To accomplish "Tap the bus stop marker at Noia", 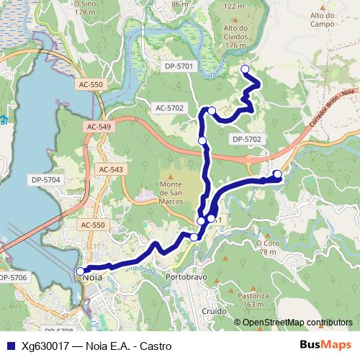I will click(x=80, y=271).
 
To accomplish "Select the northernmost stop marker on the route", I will click(x=245, y=69).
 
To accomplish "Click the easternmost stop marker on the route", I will click(x=277, y=174).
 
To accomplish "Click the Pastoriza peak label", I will click(x=253, y=300).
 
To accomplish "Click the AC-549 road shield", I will click(x=99, y=127).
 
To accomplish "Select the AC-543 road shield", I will click(x=111, y=169).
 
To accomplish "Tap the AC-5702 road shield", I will click(x=170, y=108).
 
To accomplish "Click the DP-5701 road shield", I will click(x=179, y=66).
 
